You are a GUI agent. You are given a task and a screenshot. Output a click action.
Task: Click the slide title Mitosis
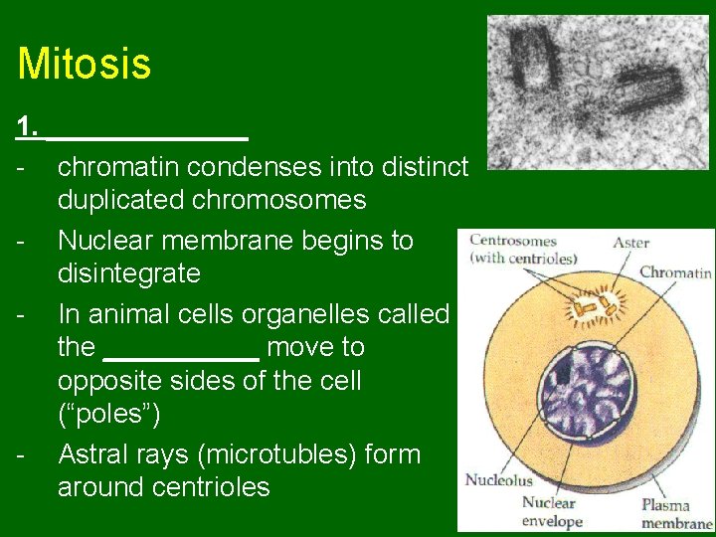point(85,65)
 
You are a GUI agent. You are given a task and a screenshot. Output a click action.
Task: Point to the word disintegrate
point(129,273)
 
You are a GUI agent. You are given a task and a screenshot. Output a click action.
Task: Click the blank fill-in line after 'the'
point(181,349)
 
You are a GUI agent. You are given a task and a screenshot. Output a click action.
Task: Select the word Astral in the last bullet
point(96,454)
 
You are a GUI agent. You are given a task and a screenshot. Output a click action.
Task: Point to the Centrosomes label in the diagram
point(513,240)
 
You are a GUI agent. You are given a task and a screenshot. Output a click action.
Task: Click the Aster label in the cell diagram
point(630,242)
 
